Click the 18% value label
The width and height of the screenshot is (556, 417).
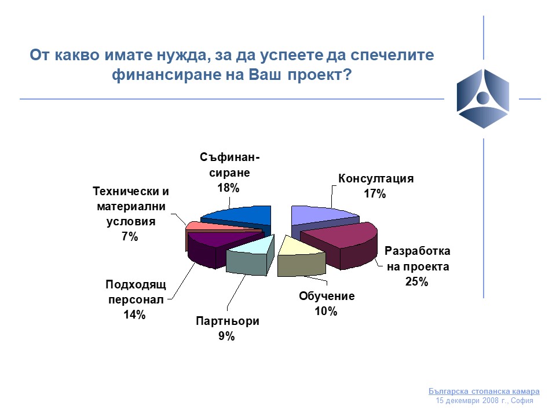point(228,188)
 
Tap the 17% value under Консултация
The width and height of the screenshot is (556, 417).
point(375,193)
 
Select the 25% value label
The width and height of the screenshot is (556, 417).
point(416,281)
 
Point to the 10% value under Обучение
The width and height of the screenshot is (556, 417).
point(326,312)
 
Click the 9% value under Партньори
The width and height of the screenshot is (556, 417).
point(226,336)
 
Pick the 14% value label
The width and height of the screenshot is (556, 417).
point(134,314)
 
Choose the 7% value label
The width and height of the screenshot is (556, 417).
point(130,236)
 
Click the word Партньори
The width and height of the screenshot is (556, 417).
point(228,321)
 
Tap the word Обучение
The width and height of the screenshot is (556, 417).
point(327,296)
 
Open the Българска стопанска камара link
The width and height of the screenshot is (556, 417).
point(484,392)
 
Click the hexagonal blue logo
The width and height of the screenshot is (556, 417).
point(483,98)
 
